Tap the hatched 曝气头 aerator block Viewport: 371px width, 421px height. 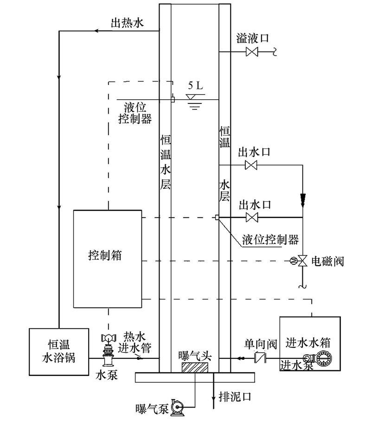(x=196, y=367)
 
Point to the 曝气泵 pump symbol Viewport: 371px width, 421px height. (x=177, y=407)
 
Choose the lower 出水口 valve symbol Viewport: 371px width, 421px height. (x=251, y=217)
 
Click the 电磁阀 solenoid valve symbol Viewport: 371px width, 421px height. (x=302, y=261)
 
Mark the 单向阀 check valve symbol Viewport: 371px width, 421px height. (x=259, y=358)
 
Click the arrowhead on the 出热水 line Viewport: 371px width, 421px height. (x=97, y=31)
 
